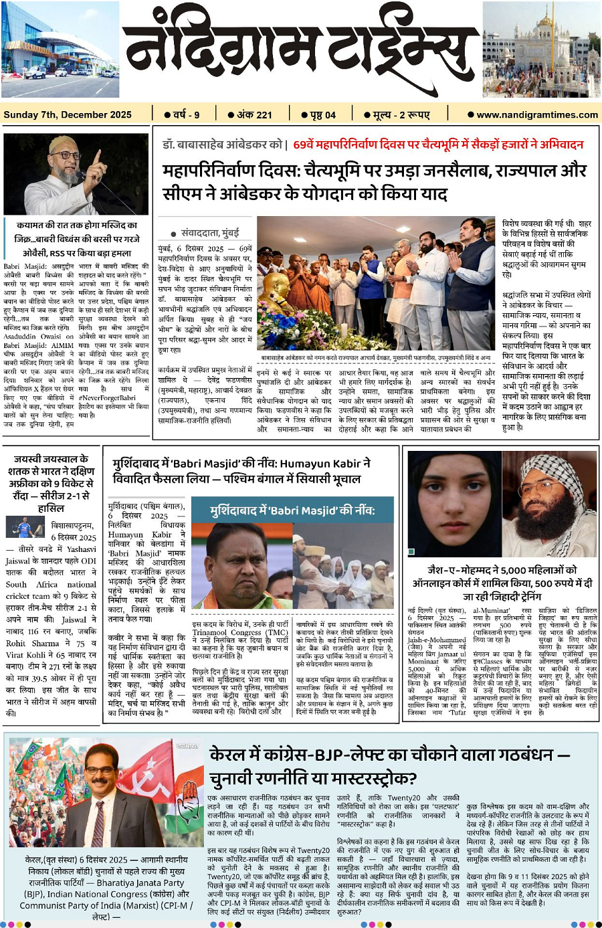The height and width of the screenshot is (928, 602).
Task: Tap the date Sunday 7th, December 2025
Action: click(x=68, y=114)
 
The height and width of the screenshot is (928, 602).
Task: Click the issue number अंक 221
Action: click(x=250, y=114)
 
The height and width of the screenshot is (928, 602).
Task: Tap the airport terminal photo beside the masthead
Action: click(x=60, y=50)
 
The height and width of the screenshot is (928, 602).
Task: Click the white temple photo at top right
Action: click(x=541, y=50)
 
